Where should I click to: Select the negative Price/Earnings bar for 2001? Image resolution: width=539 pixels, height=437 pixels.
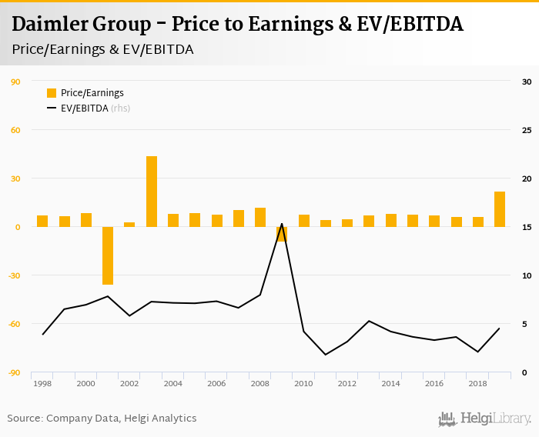[108, 255]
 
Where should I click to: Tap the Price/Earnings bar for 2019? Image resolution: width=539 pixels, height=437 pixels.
[500, 209]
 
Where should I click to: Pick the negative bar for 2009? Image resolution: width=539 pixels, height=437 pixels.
[282, 234]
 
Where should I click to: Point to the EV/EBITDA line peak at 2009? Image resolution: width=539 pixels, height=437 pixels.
[282, 224]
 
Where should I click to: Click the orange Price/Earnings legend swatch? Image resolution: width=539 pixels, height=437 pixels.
[52, 93]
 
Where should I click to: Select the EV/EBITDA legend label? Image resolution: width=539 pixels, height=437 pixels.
[84, 108]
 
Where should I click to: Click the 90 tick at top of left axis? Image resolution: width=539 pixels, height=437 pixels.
[15, 81]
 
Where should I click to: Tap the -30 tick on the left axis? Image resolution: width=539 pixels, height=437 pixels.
[14, 275]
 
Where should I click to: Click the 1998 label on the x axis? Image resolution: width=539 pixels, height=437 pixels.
[42, 383]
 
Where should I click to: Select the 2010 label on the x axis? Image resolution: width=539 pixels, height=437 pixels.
[303, 383]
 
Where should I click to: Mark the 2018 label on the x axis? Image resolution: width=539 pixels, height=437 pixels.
[477, 383]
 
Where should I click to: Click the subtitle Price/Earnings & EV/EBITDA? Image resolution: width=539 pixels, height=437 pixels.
[102, 49]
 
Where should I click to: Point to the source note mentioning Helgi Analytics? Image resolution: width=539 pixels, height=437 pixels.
[102, 419]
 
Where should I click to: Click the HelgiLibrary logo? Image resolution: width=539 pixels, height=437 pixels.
[485, 419]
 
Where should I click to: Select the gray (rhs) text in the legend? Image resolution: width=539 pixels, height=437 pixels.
[121, 108]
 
